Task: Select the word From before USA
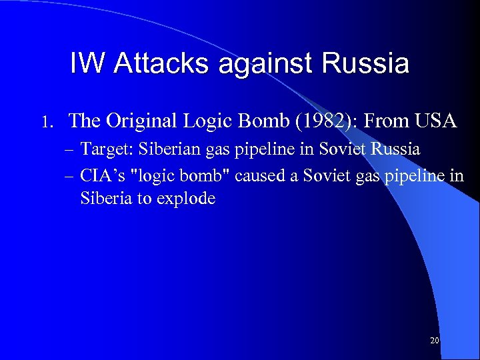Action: tap(387, 121)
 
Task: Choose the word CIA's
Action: tap(99, 177)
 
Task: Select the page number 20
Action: tap(435, 341)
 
